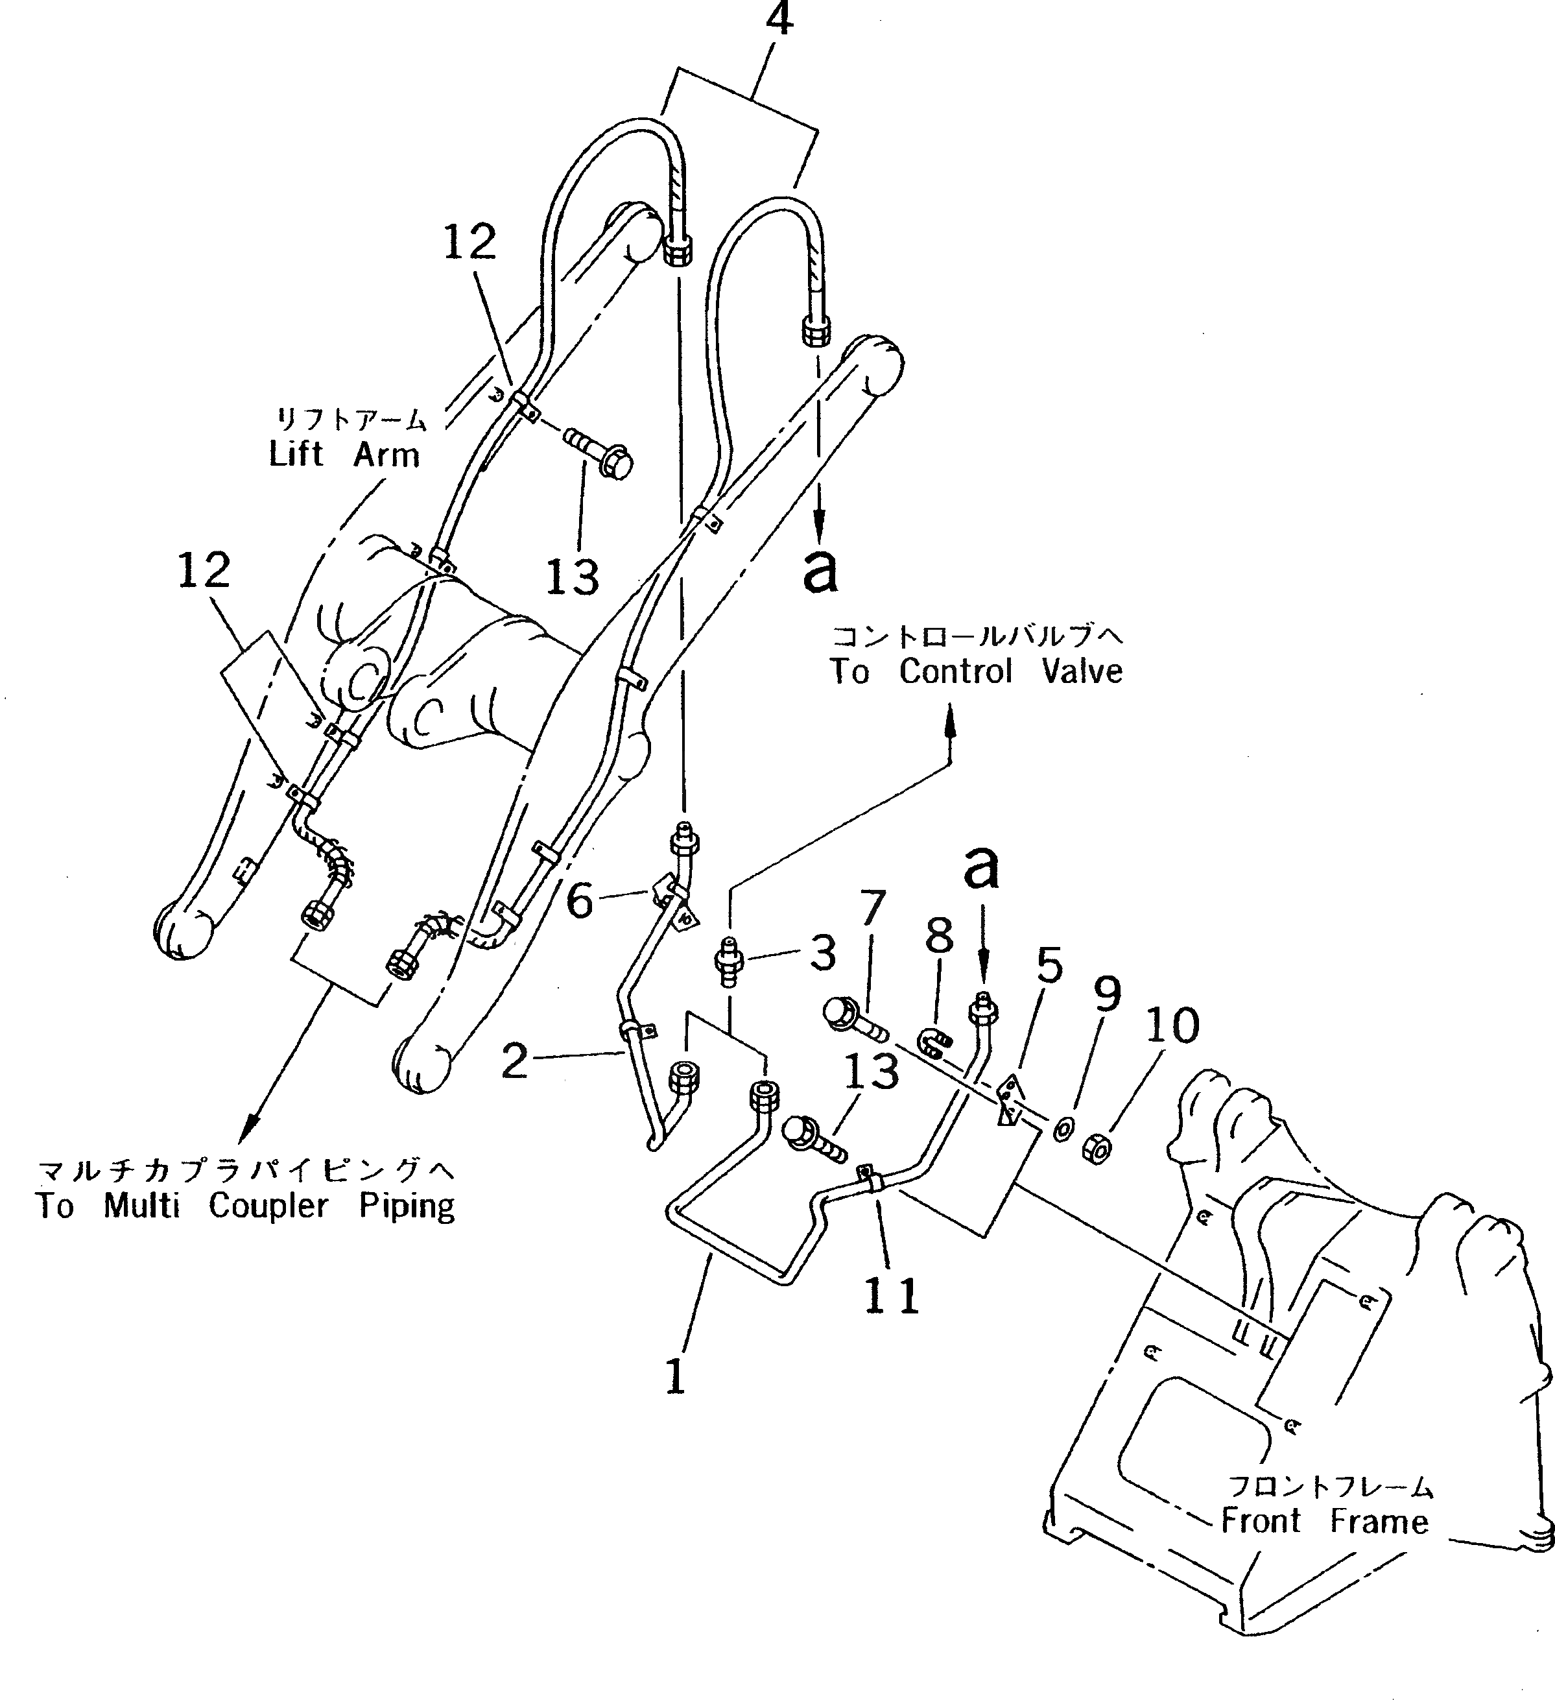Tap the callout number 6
coord(579,902)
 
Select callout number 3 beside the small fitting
coord(822,953)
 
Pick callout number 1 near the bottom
coord(674,1378)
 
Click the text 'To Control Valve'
coord(976,672)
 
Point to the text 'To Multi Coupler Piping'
coord(244,1206)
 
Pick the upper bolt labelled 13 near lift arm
coord(602,455)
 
